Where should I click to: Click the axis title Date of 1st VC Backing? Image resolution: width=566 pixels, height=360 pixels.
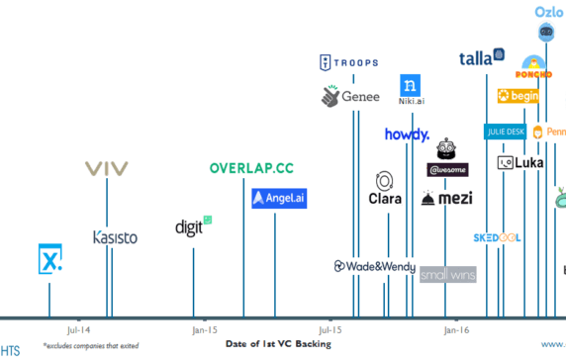(278, 344)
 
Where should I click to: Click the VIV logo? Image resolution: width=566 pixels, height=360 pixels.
(107, 168)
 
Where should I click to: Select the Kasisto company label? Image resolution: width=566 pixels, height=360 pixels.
(115, 237)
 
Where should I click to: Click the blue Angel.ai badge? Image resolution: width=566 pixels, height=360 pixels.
(279, 199)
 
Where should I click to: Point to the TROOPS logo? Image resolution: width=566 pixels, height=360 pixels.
(348, 63)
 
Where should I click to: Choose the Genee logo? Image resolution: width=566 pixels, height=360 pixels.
(350, 97)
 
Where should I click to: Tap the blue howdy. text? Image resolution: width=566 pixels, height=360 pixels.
(407, 135)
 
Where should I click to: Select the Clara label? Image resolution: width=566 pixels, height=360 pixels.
(384, 198)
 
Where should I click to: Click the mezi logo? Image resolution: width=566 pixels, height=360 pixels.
(447, 199)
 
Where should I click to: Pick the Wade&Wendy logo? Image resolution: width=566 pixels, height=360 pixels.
(374, 266)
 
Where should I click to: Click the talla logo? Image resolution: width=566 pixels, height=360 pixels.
(483, 57)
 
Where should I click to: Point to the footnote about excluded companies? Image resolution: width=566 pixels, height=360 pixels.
(91, 347)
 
